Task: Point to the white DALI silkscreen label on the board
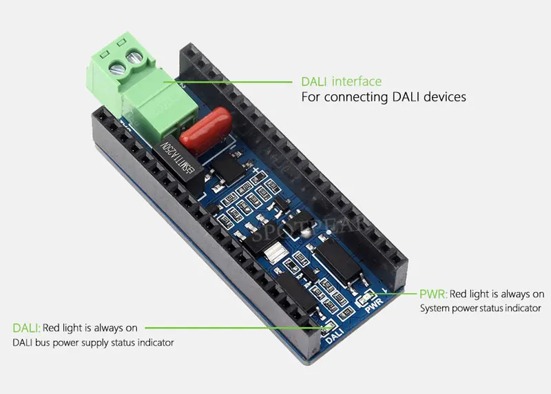[x=334, y=336]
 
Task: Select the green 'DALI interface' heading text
[x=341, y=81]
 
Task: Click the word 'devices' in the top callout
[x=439, y=97]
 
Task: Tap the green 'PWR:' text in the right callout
[x=433, y=294]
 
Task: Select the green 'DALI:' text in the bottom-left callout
[x=27, y=328]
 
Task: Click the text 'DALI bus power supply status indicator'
[x=93, y=342]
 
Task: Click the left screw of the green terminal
[x=116, y=68]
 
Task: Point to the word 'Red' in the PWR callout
[x=459, y=294]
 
